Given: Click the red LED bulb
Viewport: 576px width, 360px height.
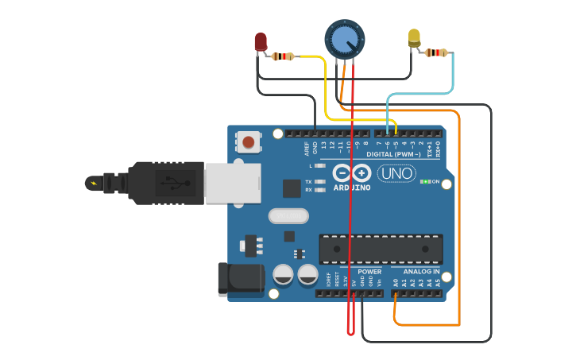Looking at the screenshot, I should (x=261, y=41).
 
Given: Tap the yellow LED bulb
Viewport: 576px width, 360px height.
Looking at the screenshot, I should (x=414, y=37).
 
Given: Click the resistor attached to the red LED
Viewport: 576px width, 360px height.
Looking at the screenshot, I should (x=283, y=56).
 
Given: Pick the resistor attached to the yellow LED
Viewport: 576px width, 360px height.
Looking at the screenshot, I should (x=435, y=52).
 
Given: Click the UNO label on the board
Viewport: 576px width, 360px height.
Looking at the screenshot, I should (x=396, y=173).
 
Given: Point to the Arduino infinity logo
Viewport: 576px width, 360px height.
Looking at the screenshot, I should (x=352, y=173).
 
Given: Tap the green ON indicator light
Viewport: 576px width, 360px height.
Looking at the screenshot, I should (x=426, y=182).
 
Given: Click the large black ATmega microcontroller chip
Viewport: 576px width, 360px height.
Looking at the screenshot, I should (x=381, y=249).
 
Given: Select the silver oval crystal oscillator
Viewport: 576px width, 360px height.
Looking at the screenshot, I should (x=288, y=215).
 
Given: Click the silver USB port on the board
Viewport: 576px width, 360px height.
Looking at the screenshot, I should (x=232, y=182).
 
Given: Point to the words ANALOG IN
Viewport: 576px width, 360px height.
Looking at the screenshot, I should (x=416, y=272).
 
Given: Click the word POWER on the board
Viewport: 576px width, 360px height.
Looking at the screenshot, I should (x=369, y=272).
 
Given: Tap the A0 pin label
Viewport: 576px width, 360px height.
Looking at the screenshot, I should (x=396, y=282).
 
